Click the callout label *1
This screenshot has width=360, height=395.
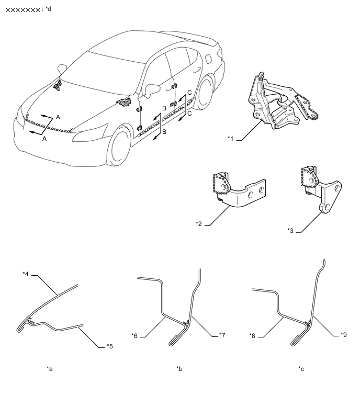pos(231,138)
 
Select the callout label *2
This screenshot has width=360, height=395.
pos(199,224)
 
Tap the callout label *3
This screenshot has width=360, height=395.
pos(290,231)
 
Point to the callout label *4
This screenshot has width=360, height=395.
pos(26,274)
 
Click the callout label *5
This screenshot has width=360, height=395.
pos(109,346)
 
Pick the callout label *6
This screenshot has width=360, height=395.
pos(134,335)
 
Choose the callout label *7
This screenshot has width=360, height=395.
pos(222,335)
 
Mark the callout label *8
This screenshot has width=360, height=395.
pos(252,335)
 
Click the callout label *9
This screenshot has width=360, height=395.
pos(344,334)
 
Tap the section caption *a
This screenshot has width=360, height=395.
pos(50,369)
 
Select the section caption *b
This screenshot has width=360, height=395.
pos(179,369)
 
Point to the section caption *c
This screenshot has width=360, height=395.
pos(301,369)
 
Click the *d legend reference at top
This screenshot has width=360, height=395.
pos(48,9)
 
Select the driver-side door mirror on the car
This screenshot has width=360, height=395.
pos(151,90)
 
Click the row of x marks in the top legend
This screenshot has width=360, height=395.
pos(22,10)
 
